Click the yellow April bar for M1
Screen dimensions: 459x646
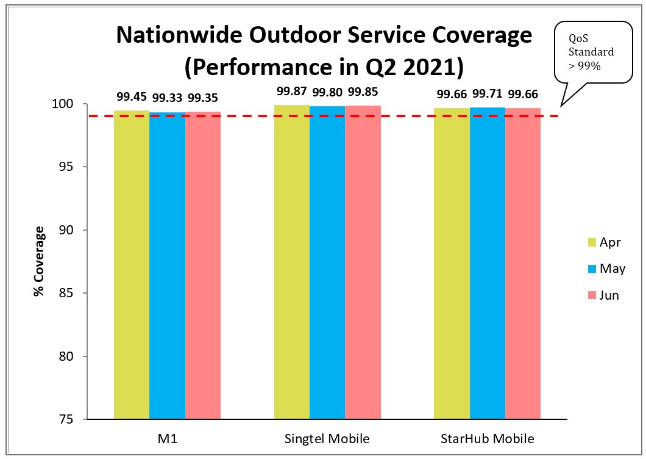(131, 265)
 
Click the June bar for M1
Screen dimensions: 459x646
(203, 266)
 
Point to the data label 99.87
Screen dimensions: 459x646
(291, 91)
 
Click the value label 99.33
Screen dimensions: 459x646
(167, 98)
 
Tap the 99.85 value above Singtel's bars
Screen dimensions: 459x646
(363, 92)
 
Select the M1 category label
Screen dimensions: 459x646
(167, 439)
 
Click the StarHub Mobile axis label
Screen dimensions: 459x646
(487, 439)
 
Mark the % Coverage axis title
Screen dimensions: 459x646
(40, 261)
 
